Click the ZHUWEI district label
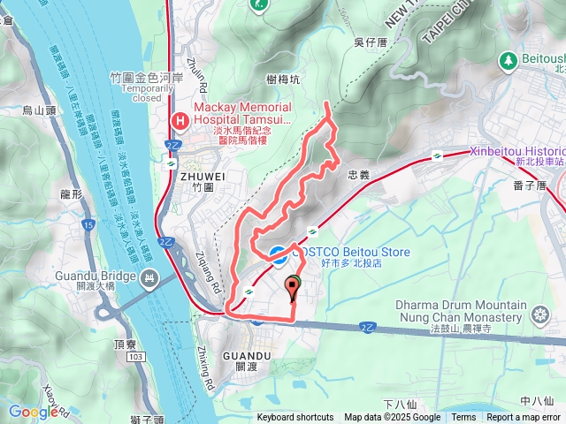[x=196, y=176]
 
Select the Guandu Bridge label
[x=96, y=276]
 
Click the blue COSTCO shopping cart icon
[x=278, y=254]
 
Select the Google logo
[x=33, y=412]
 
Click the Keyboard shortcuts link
[x=295, y=418]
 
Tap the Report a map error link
[x=523, y=418]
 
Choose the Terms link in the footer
[x=463, y=418]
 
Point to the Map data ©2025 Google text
[x=392, y=418]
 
